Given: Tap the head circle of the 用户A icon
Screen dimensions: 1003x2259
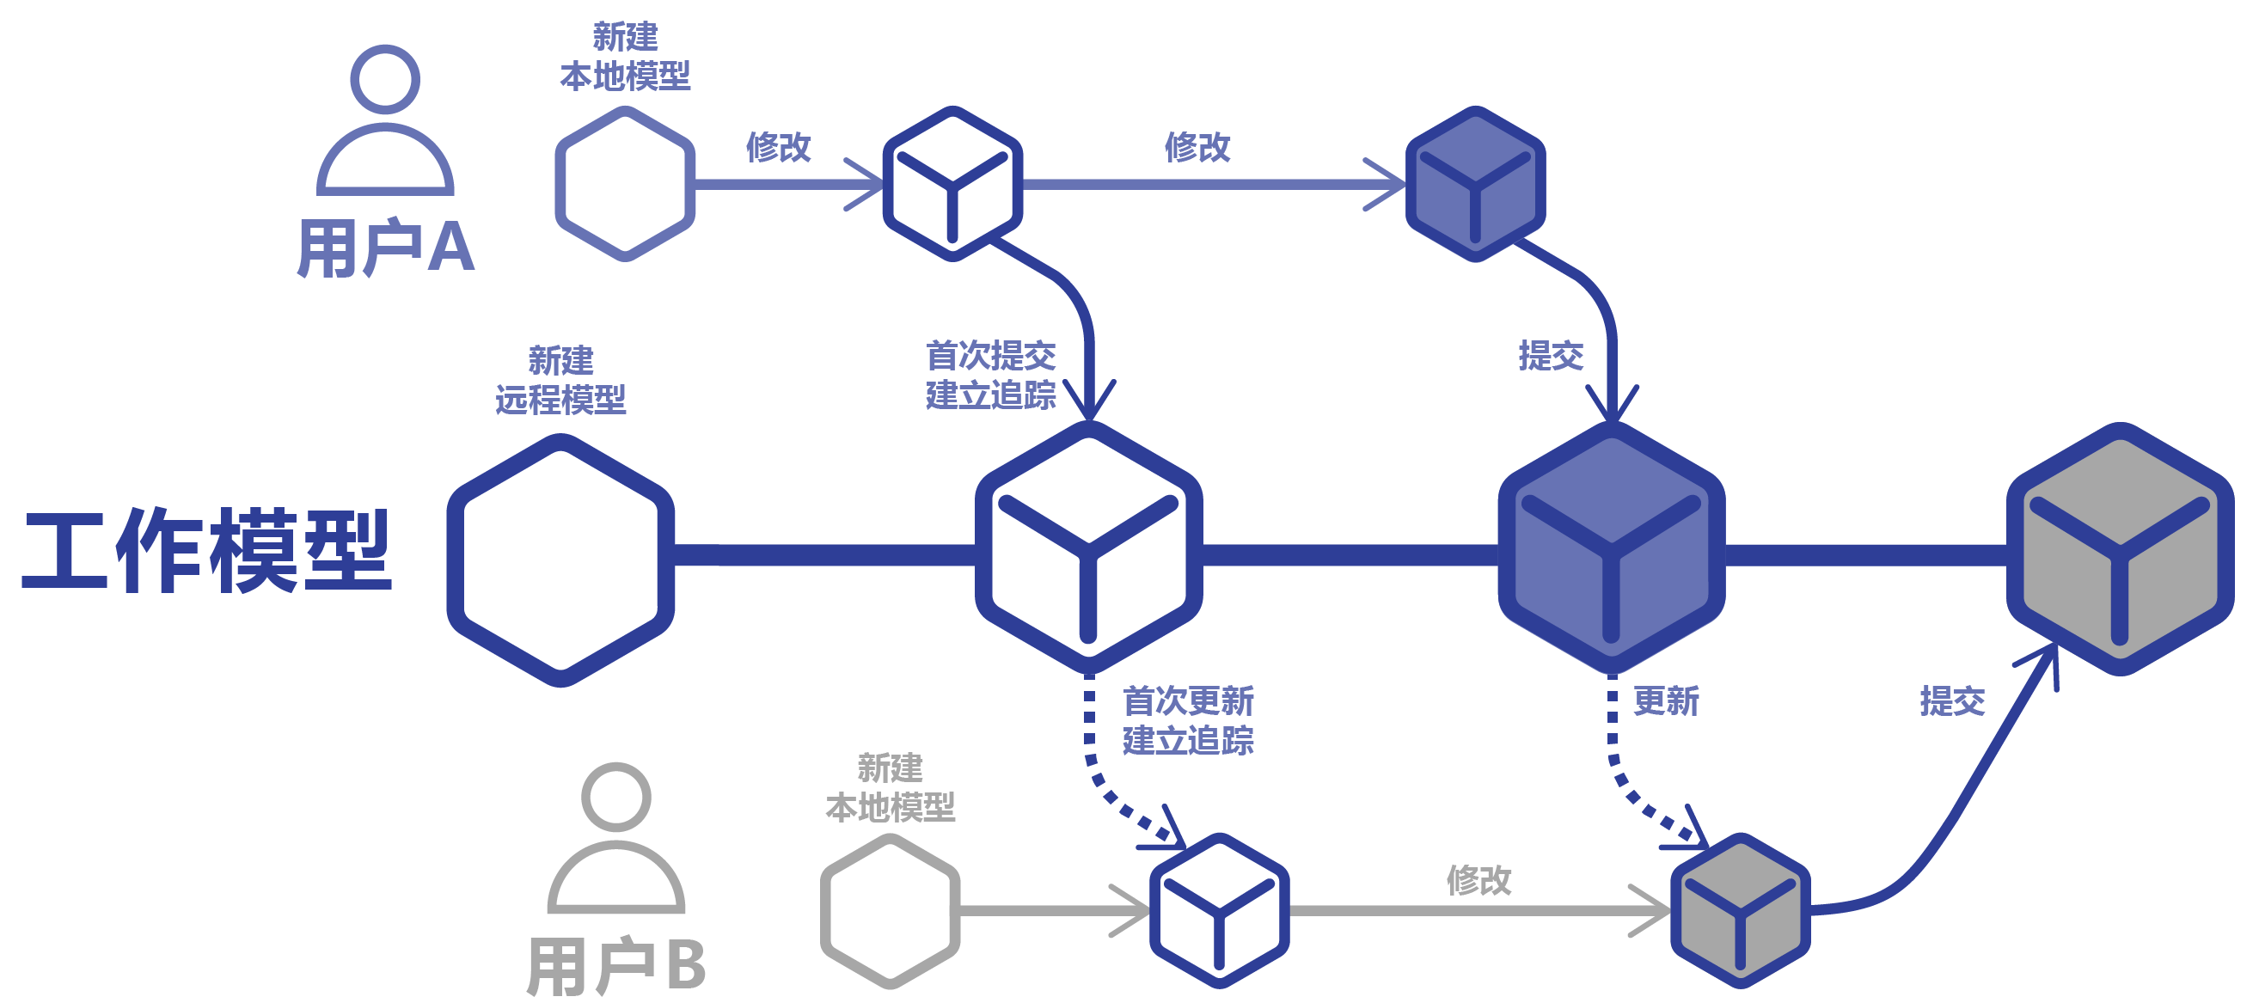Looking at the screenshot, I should tap(385, 79).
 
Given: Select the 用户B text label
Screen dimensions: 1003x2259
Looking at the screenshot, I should tap(615, 965).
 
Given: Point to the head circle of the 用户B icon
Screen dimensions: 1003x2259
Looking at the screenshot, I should tap(615, 796).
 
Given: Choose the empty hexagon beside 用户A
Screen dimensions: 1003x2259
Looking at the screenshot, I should tap(624, 183).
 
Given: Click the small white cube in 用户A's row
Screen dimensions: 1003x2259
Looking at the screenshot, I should tap(952, 183).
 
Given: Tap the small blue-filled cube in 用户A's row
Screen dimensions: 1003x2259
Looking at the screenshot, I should tap(1475, 183).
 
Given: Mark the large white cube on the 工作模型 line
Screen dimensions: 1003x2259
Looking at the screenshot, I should tap(1088, 549).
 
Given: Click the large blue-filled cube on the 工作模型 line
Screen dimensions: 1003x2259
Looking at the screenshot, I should tap(1611, 549).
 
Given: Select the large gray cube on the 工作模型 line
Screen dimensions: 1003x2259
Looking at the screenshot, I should tap(2120, 549).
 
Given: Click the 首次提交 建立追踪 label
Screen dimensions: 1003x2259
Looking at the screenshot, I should tap(991, 376).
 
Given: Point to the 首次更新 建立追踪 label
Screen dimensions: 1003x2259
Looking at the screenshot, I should tap(1187, 721).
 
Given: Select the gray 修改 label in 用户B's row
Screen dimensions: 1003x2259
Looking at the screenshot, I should tap(1478, 879).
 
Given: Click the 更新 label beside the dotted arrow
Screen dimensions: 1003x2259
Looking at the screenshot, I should tap(1665, 701).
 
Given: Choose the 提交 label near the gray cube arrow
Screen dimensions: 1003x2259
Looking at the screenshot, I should tap(1951, 701).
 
